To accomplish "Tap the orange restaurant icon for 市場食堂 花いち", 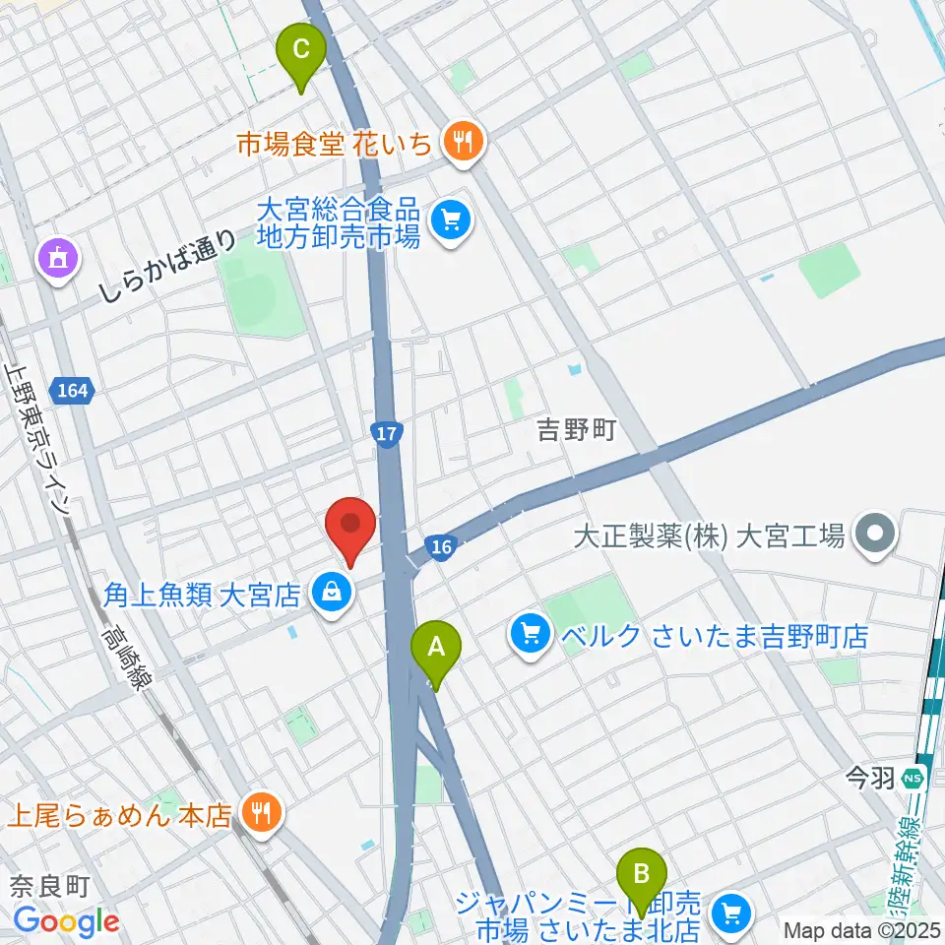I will pos(461,144).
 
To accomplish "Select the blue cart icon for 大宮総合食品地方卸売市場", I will pos(452,220).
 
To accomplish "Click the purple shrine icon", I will pos(56,260).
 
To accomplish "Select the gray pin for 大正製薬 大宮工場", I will pos(873,535).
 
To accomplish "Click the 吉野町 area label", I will pos(576,429).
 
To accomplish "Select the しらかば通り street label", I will pos(167,266).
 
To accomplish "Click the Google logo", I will pos(66,921).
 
